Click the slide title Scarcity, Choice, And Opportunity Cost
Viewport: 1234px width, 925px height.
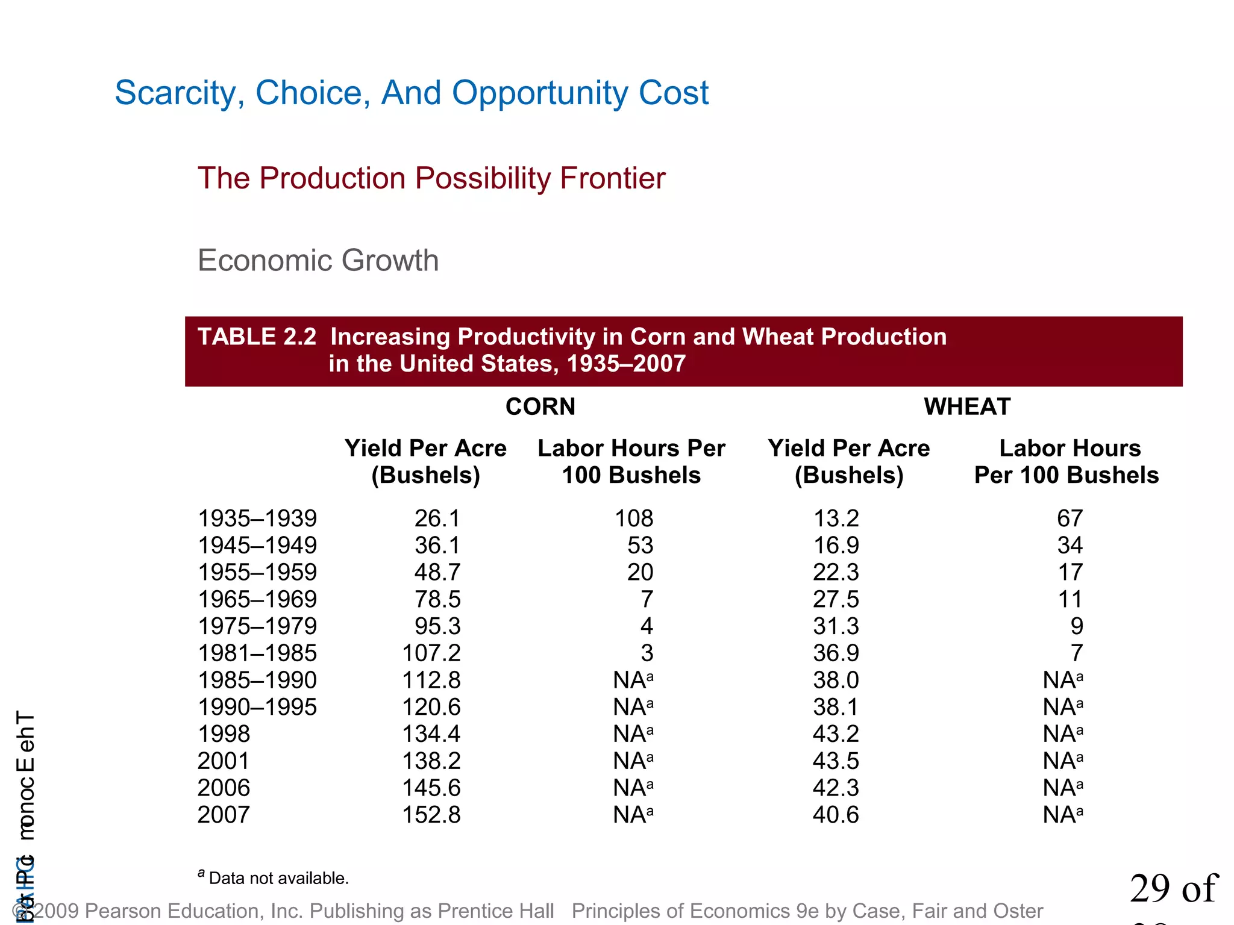pyautogui.click(x=412, y=93)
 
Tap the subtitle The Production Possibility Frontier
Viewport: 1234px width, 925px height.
pyautogui.click(x=431, y=179)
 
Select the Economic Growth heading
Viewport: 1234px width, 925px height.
pyautogui.click(x=318, y=261)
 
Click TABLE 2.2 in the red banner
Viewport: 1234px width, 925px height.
pyautogui.click(x=257, y=337)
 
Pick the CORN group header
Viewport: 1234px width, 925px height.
pyautogui.click(x=540, y=407)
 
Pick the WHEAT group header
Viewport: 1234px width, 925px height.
pyautogui.click(x=966, y=407)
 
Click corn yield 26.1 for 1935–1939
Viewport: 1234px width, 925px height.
pyautogui.click(x=437, y=519)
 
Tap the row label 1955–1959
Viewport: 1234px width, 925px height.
pyautogui.click(x=257, y=572)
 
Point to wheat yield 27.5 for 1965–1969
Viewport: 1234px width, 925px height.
pyautogui.click(x=836, y=599)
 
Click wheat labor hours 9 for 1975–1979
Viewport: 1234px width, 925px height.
pyautogui.click(x=1076, y=626)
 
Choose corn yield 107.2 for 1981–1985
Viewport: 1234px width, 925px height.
pyautogui.click(x=431, y=653)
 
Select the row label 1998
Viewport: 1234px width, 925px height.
pyautogui.click(x=224, y=734)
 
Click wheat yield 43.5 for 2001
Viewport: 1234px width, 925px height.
pyautogui.click(x=836, y=761)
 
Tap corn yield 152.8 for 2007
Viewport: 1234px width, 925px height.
pyautogui.click(x=431, y=815)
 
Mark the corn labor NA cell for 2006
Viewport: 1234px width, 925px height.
pyautogui.click(x=633, y=788)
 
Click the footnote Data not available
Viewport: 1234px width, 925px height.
pyautogui.click(x=278, y=878)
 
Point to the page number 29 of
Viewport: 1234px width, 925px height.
pyautogui.click(x=1173, y=889)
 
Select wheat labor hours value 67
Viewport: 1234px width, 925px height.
pyautogui.click(x=1070, y=519)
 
